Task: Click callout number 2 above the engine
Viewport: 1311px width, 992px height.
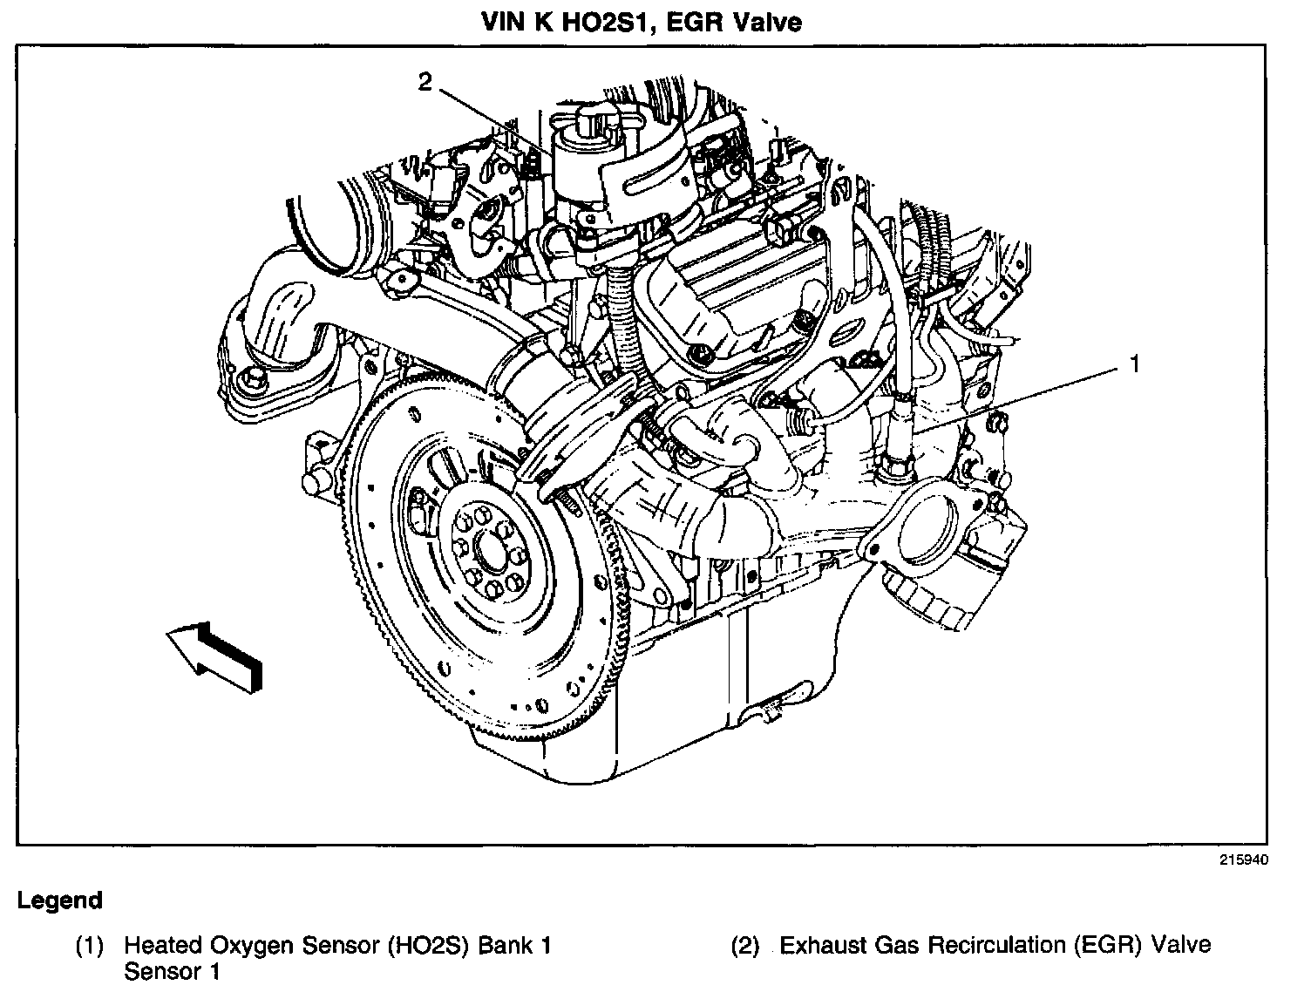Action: (x=425, y=83)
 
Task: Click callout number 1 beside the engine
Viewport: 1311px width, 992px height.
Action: (x=1134, y=364)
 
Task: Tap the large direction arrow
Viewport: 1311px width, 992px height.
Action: (x=214, y=656)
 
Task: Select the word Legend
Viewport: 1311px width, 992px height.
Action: (x=59, y=900)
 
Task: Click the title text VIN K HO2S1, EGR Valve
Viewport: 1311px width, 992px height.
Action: (x=642, y=22)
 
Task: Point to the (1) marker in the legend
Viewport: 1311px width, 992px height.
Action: (x=89, y=945)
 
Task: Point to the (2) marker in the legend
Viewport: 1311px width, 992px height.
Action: (x=745, y=945)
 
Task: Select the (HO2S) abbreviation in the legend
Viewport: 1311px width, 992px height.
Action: (x=427, y=945)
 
